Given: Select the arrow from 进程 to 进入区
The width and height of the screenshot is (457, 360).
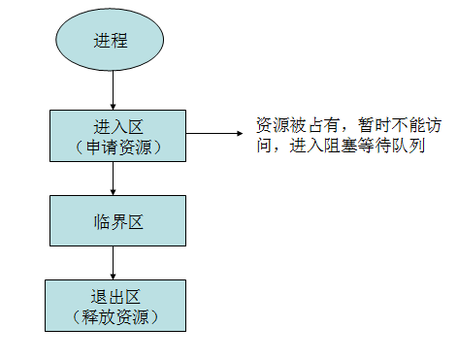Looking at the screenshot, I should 113,89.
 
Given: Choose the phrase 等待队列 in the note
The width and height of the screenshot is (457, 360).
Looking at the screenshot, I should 393,147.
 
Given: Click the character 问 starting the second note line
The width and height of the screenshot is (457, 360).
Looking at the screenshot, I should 264,147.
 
